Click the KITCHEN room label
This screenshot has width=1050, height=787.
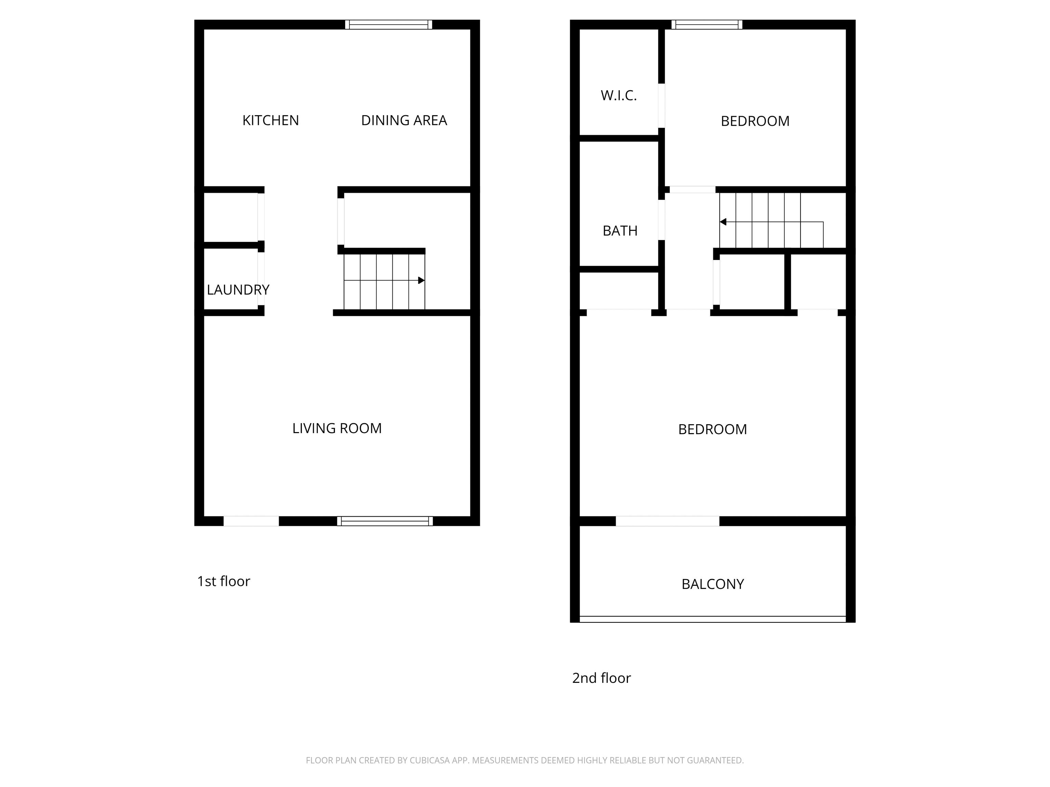271,121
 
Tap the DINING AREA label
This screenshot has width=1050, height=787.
404,121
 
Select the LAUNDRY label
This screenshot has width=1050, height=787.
238,290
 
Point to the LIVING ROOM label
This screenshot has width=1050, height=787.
337,428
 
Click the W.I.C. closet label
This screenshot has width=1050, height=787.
619,96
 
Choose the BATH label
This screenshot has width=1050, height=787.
620,231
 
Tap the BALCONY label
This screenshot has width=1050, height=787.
713,584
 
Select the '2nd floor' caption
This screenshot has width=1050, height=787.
602,678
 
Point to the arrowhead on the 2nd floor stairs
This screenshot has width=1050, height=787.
723,222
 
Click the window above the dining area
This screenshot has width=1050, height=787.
389,25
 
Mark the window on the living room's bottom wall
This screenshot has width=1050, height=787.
385,521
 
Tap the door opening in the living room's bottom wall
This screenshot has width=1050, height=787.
251,521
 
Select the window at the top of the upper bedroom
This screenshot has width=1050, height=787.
707,25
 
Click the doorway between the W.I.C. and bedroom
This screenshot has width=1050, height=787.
661,105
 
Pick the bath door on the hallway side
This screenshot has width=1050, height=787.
661,220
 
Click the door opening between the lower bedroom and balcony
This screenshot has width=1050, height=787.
668,521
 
